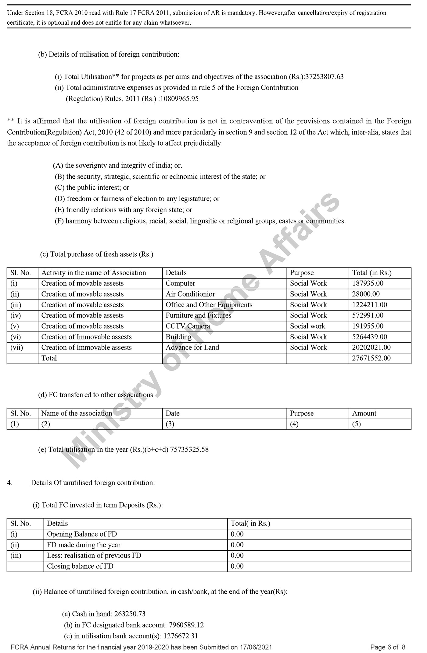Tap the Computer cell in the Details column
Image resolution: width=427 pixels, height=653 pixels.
[x=180, y=283]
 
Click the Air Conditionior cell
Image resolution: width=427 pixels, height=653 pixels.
[x=190, y=294]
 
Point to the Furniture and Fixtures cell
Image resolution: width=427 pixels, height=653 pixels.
[x=199, y=315]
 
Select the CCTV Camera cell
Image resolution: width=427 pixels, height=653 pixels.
[x=188, y=326]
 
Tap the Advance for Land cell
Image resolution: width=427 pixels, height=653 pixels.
[x=192, y=347]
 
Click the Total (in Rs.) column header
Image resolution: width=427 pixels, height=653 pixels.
[x=372, y=273]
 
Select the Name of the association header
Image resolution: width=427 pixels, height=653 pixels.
[x=77, y=413]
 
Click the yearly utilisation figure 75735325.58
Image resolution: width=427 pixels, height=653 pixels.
[x=189, y=450]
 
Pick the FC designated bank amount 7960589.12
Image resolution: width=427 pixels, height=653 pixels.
[x=186, y=625]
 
